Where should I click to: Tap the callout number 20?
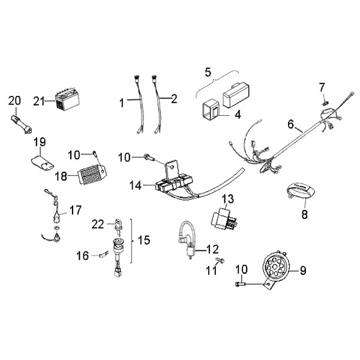coord(14,100)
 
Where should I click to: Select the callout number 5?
coord(208,73)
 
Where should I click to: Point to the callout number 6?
coord(290,125)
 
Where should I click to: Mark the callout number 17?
coord(76,211)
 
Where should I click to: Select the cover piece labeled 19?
coord(43,161)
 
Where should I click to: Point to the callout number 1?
coord(122,103)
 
